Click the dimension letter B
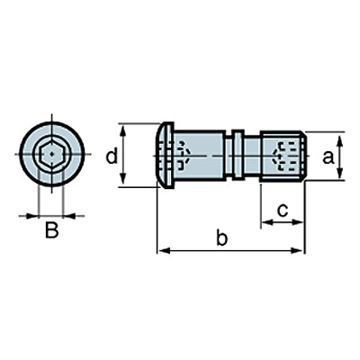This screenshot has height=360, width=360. pyautogui.click(x=51, y=229)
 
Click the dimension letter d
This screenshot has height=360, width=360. pyautogui.click(x=112, y=157)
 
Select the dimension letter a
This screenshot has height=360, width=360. pyautogui.click(x=328, y=157)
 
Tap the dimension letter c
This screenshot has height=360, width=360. pyautogui.click(x=283, y=210)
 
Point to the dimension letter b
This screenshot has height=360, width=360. pyautogui.click(x=222, y=238)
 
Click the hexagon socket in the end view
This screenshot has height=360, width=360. pyautogui.click(x=51, y=154)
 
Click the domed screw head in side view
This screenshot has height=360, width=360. pyautogui.click(x=166, y=155)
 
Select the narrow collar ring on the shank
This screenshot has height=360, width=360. pyautogui.click(x=238, y=155)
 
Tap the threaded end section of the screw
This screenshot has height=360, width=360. pyautogui.click(x=283, y=156)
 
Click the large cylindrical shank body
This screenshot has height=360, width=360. pyautogui.click(x=200, y=155)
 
